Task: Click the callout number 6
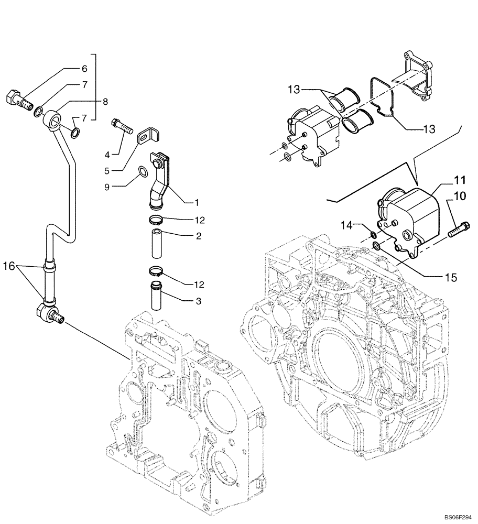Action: point(84,69)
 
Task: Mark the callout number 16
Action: point(9,266)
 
